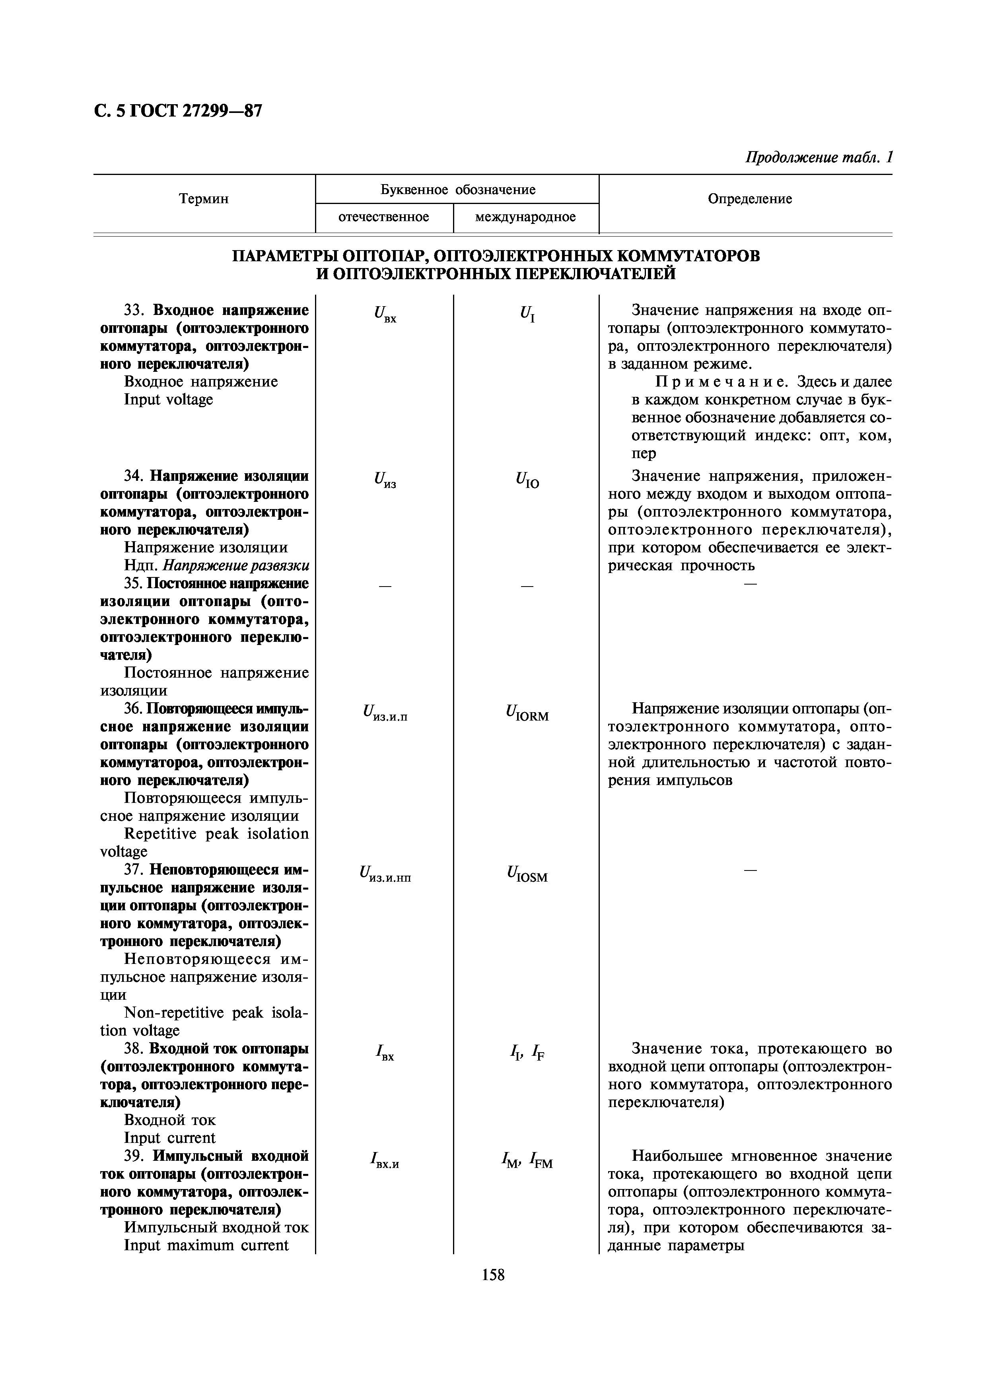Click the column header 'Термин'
point(204,199)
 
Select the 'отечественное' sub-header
point(383,217)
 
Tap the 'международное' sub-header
point(525,217)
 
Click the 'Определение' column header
point(750,199)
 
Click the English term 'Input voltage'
point(168,399)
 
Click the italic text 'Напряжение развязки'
point(236,565)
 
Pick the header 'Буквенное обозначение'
point(457,190)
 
